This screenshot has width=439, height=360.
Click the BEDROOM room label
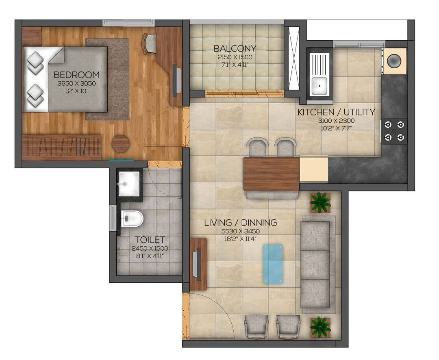(76, 75)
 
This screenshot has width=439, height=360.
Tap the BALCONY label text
(235, 49)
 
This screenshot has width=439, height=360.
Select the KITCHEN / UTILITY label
(336, 112)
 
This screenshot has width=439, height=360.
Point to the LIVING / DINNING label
(240, 223)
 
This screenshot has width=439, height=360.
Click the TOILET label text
(150, 240)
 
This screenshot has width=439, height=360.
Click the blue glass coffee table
(273, 264)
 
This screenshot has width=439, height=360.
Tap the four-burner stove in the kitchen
(394, 131)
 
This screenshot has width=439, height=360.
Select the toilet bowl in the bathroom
(133, 219)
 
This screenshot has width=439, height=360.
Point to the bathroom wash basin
(129, 184)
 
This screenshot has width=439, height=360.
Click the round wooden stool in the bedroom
(121, 144)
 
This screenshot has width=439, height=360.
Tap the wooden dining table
(272, 173)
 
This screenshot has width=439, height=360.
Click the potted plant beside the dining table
(320, 202)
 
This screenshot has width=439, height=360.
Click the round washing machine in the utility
(394, 61)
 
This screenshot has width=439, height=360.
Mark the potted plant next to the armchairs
(320, 326)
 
